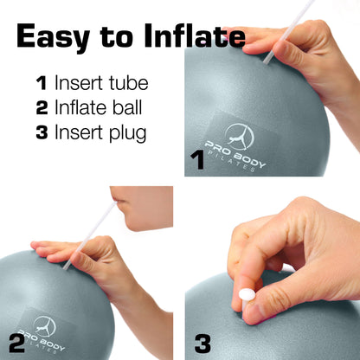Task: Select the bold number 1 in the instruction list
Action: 41,84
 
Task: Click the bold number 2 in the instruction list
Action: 41,109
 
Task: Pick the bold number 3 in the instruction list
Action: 41,134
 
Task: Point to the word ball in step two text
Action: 129,109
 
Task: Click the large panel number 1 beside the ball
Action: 197,159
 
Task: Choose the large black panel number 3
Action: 202,343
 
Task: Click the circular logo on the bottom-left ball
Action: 44,327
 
